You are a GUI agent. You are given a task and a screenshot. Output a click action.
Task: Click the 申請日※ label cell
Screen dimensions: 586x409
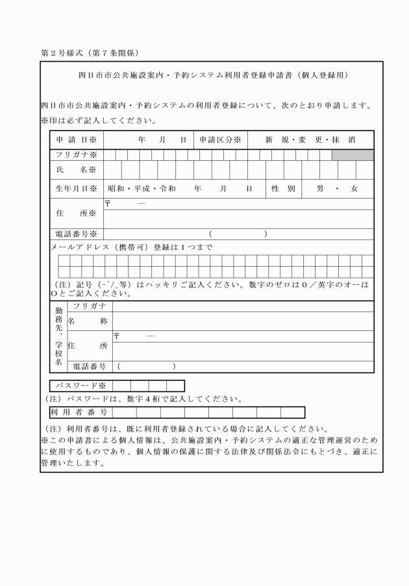(76, 140)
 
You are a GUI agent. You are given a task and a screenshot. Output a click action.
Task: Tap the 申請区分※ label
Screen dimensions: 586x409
(220, 140)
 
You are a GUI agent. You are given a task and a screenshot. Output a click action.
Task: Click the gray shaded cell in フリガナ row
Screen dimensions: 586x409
(353, 155)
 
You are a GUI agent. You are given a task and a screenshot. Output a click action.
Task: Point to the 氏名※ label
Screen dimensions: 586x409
(76, 170)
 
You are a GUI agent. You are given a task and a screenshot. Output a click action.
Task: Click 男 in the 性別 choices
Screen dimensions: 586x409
(320, 189)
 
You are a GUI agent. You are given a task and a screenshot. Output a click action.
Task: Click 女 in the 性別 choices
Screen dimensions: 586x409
(354, 189)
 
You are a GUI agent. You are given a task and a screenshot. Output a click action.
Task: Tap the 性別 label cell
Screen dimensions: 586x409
(284, 189)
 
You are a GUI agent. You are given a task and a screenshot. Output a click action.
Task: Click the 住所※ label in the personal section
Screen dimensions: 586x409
(76, 213)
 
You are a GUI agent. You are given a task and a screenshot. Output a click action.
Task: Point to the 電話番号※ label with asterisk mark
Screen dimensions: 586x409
(76, 234)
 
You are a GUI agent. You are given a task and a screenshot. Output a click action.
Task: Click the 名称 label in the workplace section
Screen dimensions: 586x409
(83, 321)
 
